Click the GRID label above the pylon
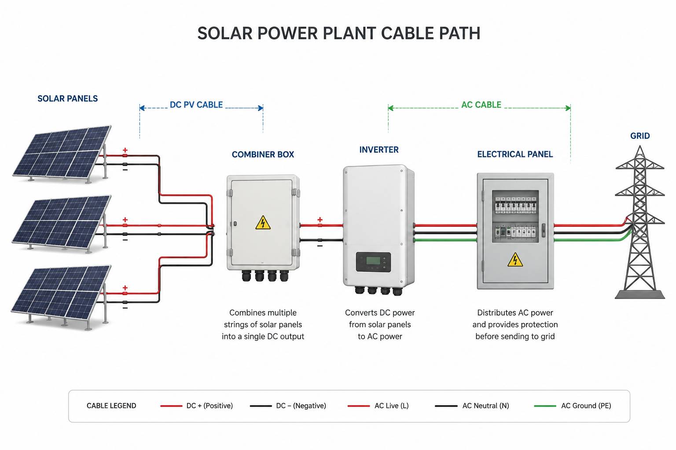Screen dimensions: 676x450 pyautogui.click(x=640, y=136)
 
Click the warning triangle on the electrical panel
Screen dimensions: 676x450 pyautogui.click(x=515, y=260)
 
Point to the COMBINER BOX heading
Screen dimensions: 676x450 pyautogui.click(x=263, y=154)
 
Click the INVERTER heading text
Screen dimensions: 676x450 pyautogui.click(x=379, y=149)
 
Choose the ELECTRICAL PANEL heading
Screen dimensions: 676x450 pyautogui.click(x=515, y=154)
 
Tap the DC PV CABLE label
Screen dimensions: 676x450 pyautogui.click(x=196, y=105)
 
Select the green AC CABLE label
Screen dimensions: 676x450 pyautogui.click(x=481, y=105)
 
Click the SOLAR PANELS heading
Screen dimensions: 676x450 pyautogui.click(x=68, y=98)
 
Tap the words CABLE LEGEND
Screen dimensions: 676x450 pyautogui.click(x=111, y=406)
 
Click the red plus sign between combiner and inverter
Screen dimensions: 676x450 pyautogui.click(x=320, y=220)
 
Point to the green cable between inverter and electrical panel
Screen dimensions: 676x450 pyautogui.click(x=445, y=240)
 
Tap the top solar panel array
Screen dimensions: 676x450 pyautogui.click(x=62, y=154)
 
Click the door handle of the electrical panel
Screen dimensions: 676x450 pyautogui.click(x=543, y=230)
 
